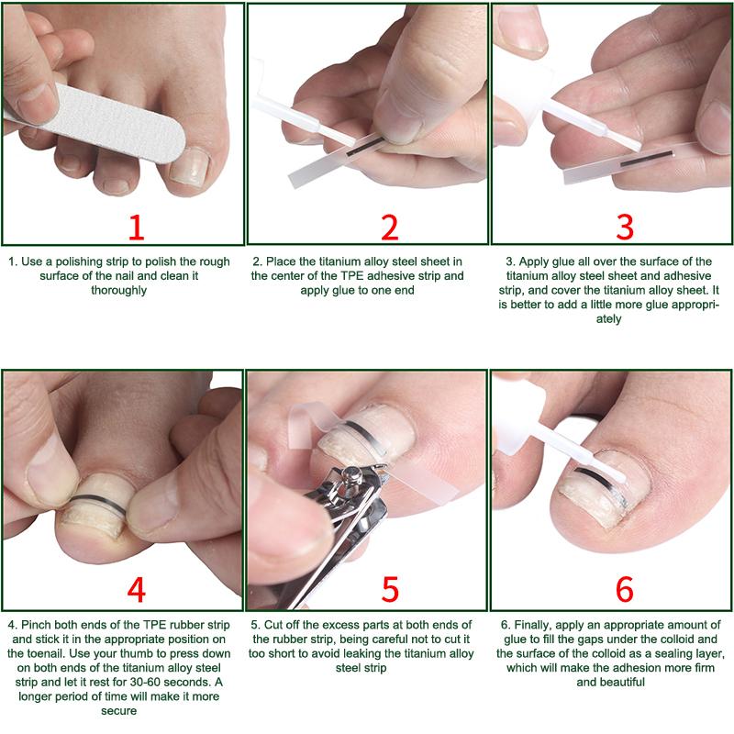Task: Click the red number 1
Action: [x=136, y=228]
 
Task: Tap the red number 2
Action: [x=389, y=228]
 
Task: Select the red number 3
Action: [x=625, y=228]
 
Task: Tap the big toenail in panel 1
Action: [x=190, y=166]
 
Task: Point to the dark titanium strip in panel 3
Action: [x=647, y=158]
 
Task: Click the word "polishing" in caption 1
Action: [x=78, y=261]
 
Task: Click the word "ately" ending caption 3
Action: [x=608, y=319]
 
